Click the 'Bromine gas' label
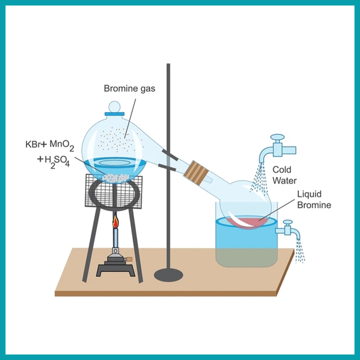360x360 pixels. [130, 89]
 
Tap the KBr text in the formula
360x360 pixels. [33, 144]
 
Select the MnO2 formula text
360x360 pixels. [62, 145]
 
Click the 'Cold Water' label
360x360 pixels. [284, 175]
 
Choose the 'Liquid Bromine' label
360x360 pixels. [314, 199]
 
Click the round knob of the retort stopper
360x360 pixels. [114, 107]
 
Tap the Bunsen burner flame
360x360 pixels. [116, 221]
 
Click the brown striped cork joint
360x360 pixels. [196, 172]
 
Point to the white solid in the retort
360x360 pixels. [116, 178]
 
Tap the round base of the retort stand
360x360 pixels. [168, 274]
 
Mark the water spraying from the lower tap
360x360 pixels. [300, 251]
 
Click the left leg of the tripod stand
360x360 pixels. [91, 245]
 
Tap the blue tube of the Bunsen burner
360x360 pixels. [116, 238]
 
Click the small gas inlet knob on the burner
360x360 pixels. [129, 259]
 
